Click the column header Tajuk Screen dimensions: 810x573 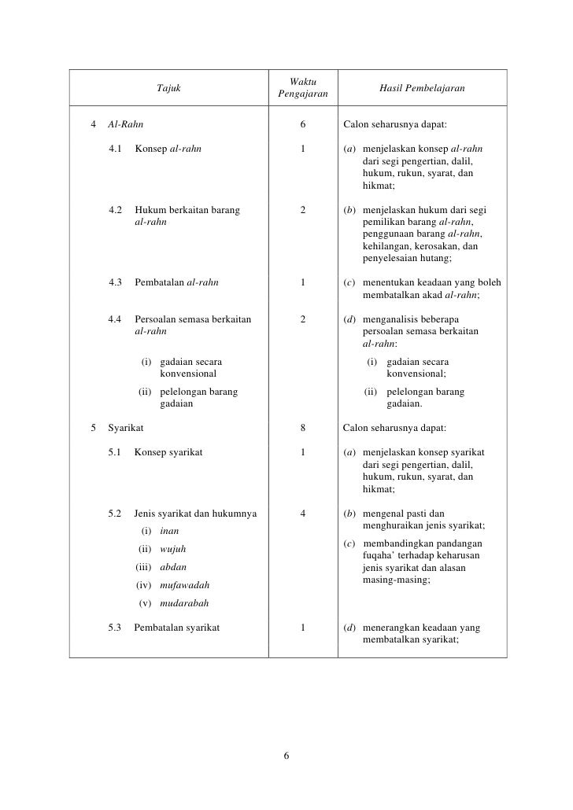pos(168,89)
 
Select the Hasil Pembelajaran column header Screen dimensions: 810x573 pos(423,89)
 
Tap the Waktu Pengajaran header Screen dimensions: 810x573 pos(302,89)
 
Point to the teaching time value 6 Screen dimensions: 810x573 pos(303,123)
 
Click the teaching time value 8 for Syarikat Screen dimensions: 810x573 pos(303,429)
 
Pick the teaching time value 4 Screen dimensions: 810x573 pos(303,514)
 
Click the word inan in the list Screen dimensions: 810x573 pos(168,531)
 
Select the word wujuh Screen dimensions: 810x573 pos(173,549)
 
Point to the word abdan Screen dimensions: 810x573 pos(173,567)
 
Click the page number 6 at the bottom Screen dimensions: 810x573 pos(286,757)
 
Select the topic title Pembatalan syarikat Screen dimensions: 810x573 pos(177,628)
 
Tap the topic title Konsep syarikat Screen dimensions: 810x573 pos(168,453)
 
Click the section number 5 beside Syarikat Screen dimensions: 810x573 pos(94,429)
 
